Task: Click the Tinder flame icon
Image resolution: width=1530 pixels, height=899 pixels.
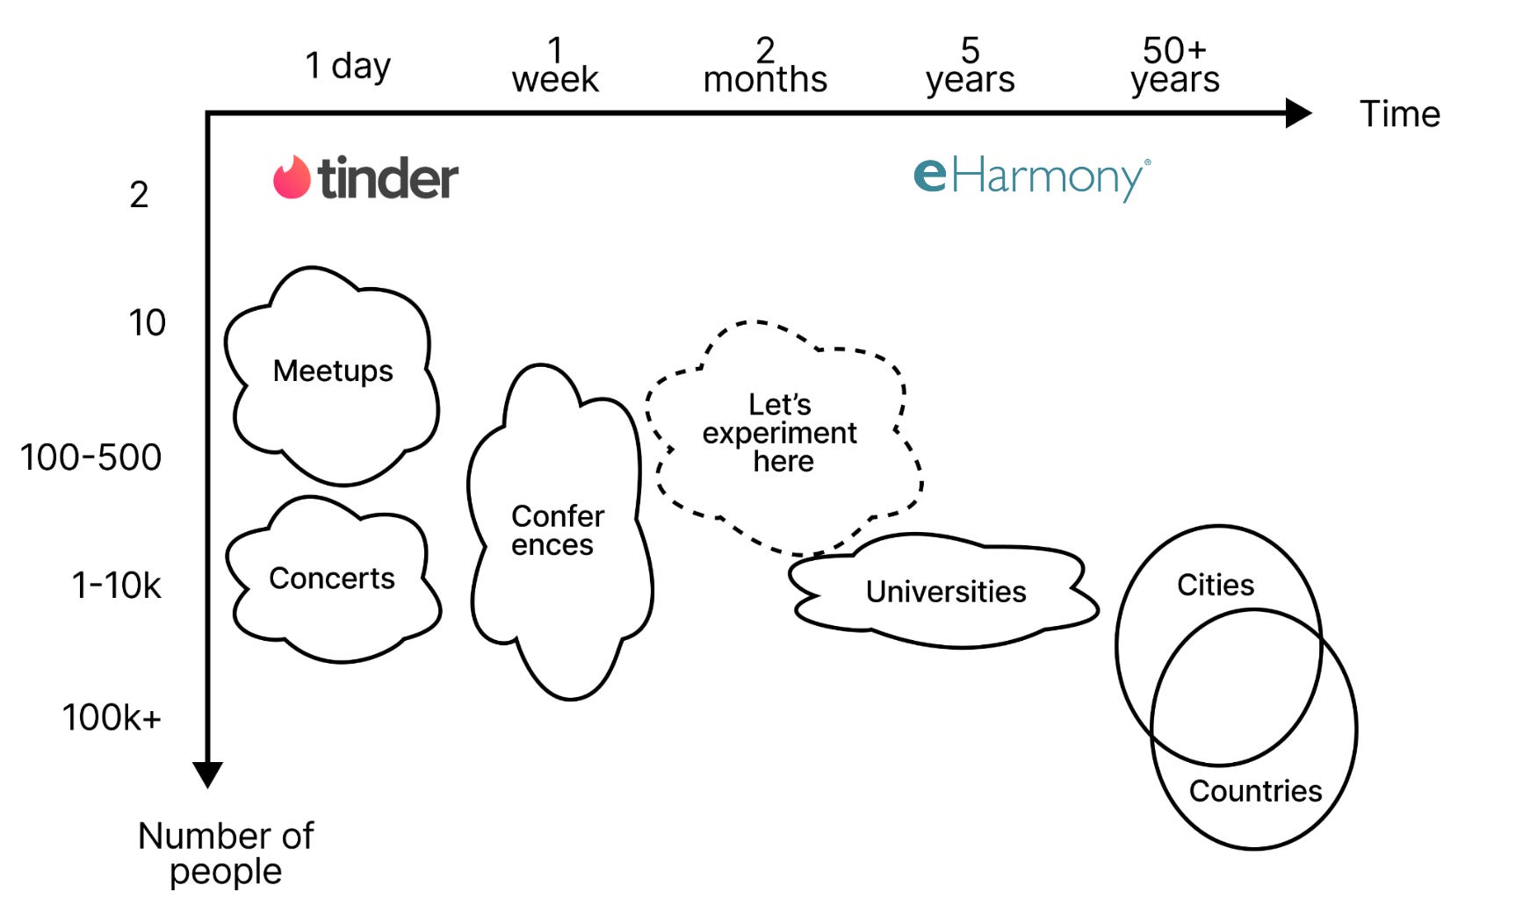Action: pyautogui.click(x=292, y=177)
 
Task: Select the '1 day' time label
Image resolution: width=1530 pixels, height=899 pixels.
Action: pyautogui.click(x=348, y=66)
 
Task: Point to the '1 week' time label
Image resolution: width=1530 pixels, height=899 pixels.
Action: pyautogui.click(x=555, y=66)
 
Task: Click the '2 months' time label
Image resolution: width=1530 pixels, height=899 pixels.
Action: pyautogui.click(x=765, y=66)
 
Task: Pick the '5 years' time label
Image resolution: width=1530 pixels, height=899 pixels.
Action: pyautogui.click(x=970, y=66)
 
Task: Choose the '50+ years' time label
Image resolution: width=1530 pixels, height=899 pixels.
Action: pyautogui.click(x=1174, y=66)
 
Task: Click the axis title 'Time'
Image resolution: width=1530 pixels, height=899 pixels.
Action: pyautogui.click(x=1399, y=114)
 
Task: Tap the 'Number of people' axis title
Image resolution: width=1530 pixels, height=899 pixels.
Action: pyautogui.click(x=226, y=852)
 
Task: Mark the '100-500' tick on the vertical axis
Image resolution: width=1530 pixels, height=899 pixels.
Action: pyautogui.click(x=91, y=457)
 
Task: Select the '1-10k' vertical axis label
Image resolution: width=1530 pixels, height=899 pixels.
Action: pyautogui.click(x=116, y=586)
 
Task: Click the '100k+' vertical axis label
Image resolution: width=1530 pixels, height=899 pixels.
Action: pyautogui.click(x=112, y=718)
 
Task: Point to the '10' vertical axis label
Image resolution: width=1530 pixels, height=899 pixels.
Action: pyautogui.click(x=147, y=323)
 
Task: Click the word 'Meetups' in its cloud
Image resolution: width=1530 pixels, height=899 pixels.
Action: pyautogui.click(x=333, y=370)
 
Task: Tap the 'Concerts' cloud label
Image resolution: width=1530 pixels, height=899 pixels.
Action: pyautogui.click(x=332, y=579)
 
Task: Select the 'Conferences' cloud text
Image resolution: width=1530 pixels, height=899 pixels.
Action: pyautogui.click(x=557, y=530)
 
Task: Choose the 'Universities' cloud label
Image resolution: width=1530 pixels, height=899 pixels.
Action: pyautogui.click(x=946, y=592)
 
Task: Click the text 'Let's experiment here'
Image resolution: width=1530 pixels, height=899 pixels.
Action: pyautogui.click(x=780, y=433)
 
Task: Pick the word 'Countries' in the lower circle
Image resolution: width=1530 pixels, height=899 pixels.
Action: pyautogui.click(x=1255, y=791)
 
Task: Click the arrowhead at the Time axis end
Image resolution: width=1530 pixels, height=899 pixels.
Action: pyautogui.click(x=1297, y=113)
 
